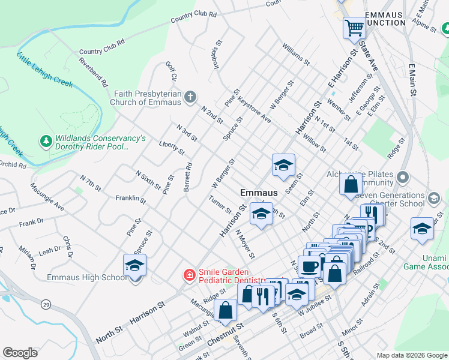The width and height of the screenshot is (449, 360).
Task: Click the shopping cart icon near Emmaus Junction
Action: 354,27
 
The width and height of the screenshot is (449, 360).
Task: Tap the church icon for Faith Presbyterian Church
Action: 190,97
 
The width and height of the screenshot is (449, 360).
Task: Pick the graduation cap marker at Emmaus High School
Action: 134,265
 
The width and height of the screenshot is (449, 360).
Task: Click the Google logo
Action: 20,353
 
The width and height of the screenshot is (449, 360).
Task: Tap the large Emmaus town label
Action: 259,193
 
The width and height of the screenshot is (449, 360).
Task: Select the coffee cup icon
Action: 310,266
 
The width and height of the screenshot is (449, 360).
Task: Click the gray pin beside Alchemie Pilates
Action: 402,178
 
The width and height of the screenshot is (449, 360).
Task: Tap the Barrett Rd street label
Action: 188,177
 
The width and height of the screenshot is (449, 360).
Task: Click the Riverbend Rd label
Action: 93,71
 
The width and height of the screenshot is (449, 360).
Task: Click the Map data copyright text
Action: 411,355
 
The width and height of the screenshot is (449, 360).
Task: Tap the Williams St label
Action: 296,53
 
